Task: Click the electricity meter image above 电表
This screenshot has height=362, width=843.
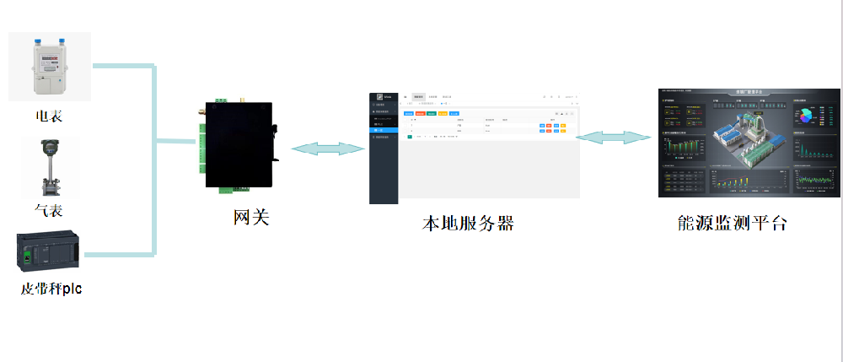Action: pos(49,67)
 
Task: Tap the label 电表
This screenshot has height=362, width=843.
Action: pos(49,116)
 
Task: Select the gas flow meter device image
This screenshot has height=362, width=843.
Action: pos(49,168)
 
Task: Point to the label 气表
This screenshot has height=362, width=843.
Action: pos(49,210)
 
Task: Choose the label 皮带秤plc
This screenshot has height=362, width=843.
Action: pos(51,289)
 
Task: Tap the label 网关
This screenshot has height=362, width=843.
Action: pos(251,218)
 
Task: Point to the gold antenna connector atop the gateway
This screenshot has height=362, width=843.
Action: pos(235,99)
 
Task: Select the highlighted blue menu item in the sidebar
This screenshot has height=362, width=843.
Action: pos(384,130)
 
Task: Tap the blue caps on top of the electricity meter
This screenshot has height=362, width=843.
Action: pos(48,39)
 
